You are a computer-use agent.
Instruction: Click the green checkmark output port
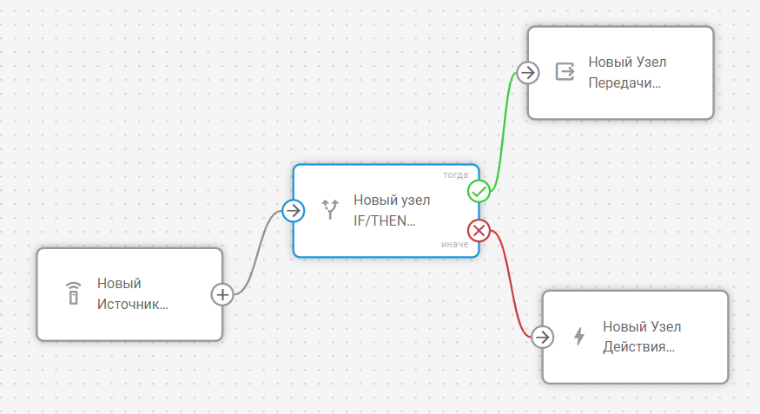pos(479,191)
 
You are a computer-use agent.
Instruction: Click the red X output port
pos(479,231)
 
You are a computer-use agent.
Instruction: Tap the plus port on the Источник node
pos(222,294)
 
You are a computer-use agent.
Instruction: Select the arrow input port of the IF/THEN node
pos(294,210)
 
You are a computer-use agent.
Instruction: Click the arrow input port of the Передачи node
pos(528,72)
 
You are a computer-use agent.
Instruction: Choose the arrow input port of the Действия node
pos(542,337)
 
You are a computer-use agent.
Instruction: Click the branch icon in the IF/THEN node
pos(330,209)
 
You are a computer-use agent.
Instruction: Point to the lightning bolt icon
pos(579,336)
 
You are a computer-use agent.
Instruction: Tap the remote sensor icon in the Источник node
pos(74,293)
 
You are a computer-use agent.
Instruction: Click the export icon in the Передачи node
pos(565,71)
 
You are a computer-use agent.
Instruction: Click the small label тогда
pos(456,174)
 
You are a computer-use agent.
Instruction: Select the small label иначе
pos(455,245)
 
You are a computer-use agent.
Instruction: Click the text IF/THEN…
pos(385,220)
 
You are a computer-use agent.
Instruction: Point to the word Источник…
pos(133,305)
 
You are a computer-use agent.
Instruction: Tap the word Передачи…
pos(625,83)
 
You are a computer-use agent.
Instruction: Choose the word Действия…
pos(638,347)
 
